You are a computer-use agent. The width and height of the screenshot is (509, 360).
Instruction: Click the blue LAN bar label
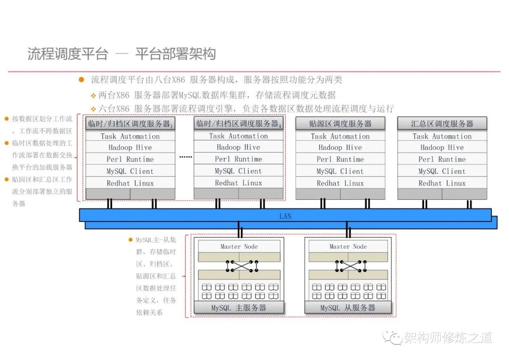(x=285, y=216)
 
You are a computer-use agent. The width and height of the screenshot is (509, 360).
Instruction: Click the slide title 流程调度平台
(x=68, y=54)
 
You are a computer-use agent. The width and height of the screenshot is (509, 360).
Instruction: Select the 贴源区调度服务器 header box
(x=340, y=124)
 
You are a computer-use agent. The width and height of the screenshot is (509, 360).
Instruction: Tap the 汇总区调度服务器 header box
(x=442, y=124)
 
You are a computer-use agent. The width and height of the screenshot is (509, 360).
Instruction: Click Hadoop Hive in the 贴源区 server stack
(x=340, y=147)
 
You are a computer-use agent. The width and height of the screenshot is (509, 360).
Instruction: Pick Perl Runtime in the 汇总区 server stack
(x=442, y=159)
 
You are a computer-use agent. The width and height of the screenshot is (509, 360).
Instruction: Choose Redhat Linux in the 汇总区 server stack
(x=442, y=183)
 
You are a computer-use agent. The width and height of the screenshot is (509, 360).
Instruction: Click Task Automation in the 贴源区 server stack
(x=340, y=136)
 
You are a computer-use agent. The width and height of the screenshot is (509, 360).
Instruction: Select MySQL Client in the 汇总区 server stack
(x=442, y=172)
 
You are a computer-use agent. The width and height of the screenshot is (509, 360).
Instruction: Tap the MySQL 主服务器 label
(x=238, y=308)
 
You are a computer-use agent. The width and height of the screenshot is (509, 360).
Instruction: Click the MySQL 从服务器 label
(x=348, y=308)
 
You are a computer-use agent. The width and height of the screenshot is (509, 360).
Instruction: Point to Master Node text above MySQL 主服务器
(x=239, y=246)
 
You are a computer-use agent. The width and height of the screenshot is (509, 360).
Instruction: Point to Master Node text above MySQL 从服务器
(x=348, y=246)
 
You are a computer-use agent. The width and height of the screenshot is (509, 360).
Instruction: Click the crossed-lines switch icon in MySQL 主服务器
(x=242, y=266)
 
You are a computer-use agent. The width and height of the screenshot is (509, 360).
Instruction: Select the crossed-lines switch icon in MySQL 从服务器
(x=352, y=266)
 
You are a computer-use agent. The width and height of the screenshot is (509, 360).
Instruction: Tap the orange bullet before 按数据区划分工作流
(x=7, y=119)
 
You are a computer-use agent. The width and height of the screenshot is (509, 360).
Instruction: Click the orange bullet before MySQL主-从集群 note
(x=131, y=240)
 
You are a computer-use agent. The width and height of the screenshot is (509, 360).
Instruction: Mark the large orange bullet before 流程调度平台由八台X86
(x=82, y=80)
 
